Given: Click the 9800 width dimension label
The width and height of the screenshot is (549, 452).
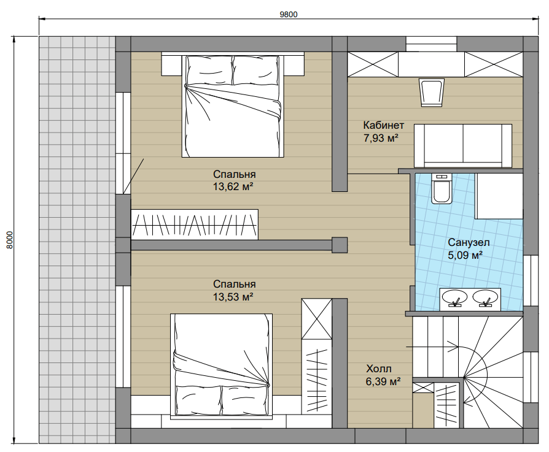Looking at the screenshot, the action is (289, 14).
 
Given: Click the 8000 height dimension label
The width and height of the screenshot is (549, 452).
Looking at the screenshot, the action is (10, 239).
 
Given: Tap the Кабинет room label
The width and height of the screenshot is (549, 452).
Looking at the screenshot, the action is (383, 125).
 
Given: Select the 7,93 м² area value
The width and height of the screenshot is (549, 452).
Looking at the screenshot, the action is (381, 138).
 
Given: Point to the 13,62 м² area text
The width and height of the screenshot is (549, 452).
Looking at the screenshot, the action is (233, 186).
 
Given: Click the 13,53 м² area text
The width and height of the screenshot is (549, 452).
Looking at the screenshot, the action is (233, 297).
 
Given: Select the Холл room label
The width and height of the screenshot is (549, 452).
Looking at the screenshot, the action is (379, 369).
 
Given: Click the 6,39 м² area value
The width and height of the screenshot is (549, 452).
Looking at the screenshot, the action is (383, 381).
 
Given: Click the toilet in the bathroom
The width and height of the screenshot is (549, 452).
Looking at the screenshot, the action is (441, 188).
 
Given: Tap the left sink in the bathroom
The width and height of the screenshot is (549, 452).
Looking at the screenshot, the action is (454, 299).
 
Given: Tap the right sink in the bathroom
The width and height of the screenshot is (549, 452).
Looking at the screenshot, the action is (485, 299).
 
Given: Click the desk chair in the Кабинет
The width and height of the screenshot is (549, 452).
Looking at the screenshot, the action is (432, 92).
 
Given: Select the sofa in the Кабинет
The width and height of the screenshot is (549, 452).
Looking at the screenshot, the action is (463, 145).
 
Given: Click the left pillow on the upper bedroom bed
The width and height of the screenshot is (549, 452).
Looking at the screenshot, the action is (210, 71).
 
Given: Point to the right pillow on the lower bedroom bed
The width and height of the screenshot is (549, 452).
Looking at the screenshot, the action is (244, 400).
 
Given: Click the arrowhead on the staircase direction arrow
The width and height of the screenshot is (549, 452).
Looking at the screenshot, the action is (456, 347).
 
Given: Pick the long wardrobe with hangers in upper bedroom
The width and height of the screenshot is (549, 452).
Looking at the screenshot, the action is (195, 224).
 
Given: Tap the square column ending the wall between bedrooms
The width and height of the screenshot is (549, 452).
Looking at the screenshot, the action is (340, 245).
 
